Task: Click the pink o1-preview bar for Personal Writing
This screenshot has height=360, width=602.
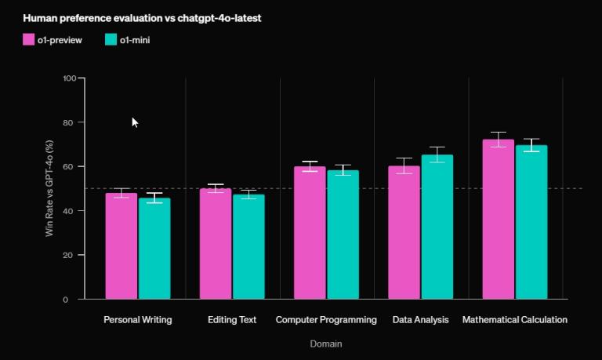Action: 121,246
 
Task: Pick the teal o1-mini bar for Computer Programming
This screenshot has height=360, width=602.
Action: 343,235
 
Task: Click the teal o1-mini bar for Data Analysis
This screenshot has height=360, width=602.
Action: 437,227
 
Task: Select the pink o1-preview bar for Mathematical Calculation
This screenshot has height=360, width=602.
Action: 498,220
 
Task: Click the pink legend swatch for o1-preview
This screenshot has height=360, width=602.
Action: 29,40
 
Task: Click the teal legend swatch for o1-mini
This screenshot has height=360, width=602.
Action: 111,40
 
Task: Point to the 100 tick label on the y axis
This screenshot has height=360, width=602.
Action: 69,78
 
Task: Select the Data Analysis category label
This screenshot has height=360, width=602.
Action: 420,320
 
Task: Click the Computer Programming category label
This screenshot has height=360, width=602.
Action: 326,320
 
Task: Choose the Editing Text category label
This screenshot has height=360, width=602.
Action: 232,320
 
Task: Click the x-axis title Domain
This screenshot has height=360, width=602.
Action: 325,344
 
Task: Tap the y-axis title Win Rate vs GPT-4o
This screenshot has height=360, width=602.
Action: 49,188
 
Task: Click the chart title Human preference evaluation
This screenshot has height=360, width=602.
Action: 142,18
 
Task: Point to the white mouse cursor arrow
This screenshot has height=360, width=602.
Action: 135,122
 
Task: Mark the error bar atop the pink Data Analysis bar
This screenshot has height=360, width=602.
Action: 404,165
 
